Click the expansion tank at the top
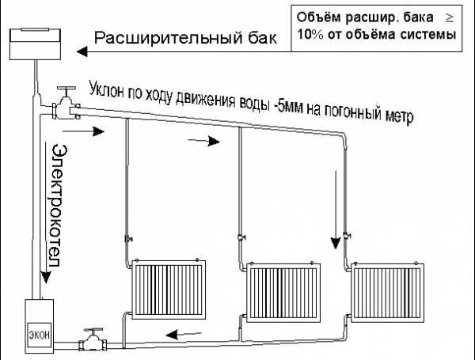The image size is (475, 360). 35,44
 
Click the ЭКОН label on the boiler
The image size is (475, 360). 40,335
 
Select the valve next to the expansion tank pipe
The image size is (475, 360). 66,104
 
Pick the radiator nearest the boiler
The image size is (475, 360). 169,290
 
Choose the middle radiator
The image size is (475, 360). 283,293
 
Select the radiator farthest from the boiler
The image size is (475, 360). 387,293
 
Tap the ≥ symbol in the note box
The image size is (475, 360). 449,18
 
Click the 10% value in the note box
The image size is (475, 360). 310,34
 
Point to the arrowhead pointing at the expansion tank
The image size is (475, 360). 82,51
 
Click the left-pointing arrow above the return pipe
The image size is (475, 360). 184,334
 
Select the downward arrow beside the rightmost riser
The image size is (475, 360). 336,210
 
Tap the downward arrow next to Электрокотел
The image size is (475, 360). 46,213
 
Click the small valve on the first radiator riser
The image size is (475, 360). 128,239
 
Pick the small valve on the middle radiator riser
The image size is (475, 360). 241,237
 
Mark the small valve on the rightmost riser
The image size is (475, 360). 347,235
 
